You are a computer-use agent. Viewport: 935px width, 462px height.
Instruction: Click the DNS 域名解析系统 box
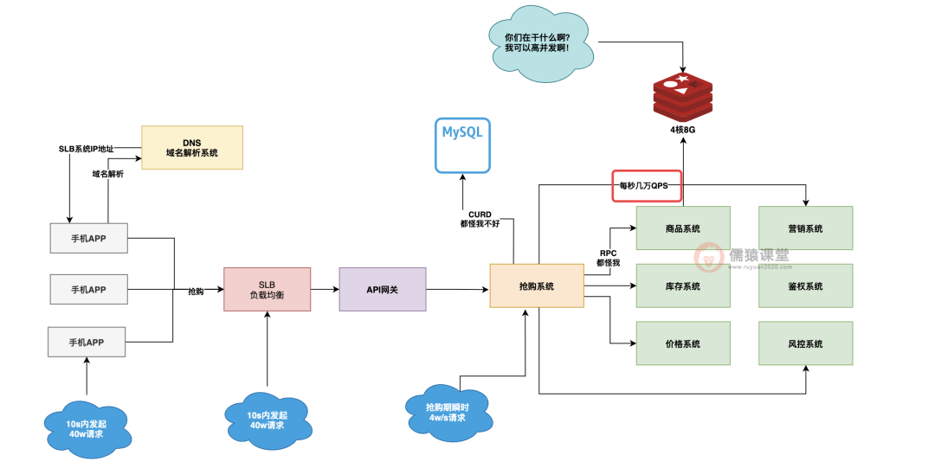click(192, 147)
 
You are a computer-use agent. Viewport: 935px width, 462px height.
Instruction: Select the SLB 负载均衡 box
click(267, 289)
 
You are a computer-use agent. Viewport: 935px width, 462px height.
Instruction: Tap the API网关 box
click(382, 289)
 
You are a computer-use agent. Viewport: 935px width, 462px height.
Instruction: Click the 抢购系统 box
click(536, 286)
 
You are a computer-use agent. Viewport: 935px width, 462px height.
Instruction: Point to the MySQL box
click(462, 144)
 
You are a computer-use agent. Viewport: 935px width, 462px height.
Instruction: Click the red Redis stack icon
click(682, 96)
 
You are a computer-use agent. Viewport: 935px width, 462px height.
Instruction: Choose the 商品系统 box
click(683, 228)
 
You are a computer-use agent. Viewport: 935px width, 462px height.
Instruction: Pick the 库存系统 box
click(683, 286)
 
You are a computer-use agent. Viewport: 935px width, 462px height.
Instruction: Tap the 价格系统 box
click(683, 343)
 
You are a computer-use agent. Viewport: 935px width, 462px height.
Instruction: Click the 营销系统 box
click(805, 228)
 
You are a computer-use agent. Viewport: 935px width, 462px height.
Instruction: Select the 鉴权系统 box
click(805, 286)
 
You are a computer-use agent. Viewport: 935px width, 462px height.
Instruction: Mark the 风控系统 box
click(805, 343)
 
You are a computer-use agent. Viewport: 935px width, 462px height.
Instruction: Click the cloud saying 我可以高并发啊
click(536, 44)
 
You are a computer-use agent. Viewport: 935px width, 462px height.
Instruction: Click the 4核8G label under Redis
click(682, 130)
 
